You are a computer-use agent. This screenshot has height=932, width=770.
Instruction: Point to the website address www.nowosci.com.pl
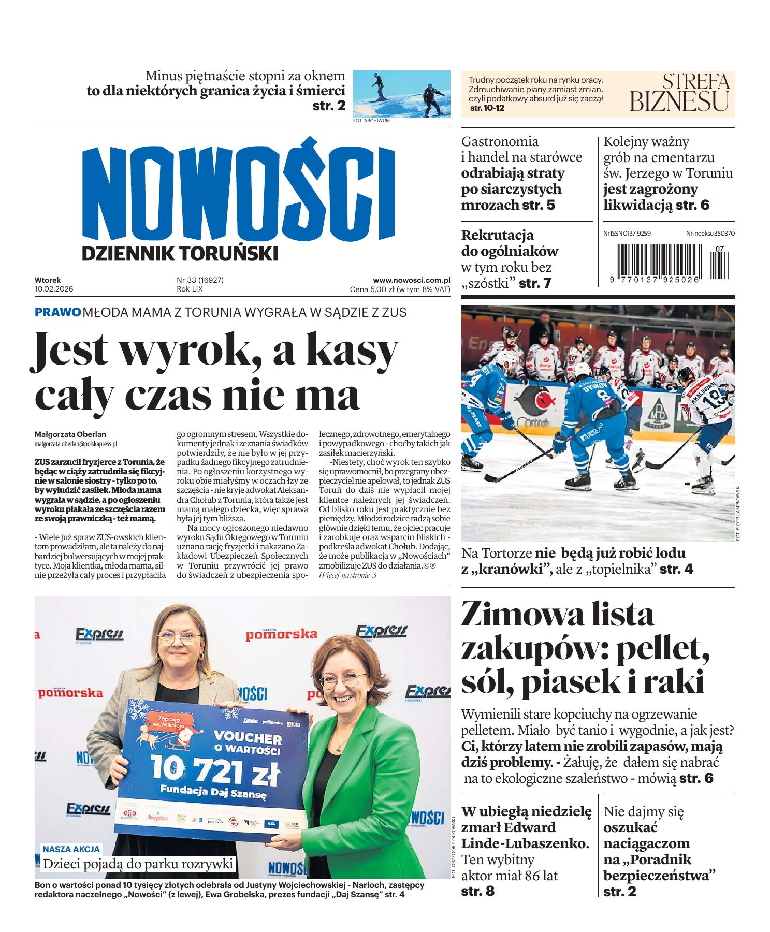tap(411, 280)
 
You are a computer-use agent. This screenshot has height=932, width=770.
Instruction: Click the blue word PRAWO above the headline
tap(57, 312)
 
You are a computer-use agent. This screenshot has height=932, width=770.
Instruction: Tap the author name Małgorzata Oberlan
tap(70, 434)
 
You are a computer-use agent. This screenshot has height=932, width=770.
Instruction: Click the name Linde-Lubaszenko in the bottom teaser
tap(525, 843)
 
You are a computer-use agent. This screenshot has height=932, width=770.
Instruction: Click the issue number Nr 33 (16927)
tap(200, 280)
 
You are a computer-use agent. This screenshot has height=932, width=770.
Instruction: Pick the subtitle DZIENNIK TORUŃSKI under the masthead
tap(180, 253)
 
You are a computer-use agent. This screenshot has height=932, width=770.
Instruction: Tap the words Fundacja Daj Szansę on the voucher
tap(213, 793)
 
